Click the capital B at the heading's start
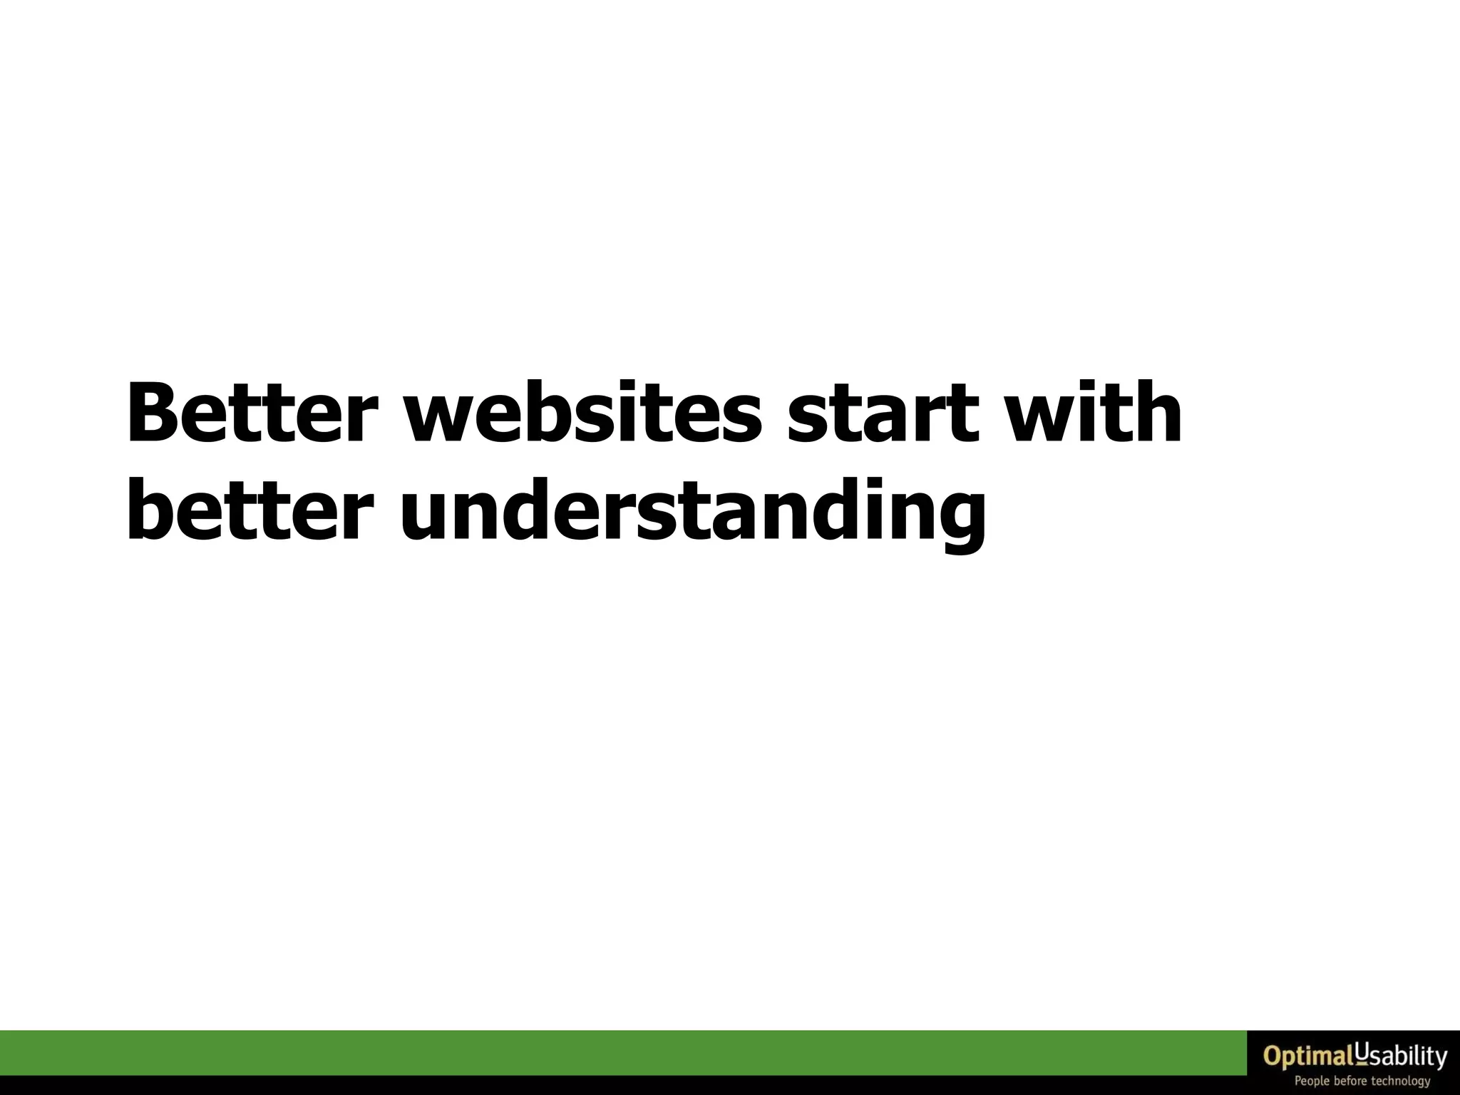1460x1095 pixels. coord(153,414)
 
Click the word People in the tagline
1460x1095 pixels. coord(1312,1081)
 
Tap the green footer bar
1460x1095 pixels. coord(620,1052)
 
